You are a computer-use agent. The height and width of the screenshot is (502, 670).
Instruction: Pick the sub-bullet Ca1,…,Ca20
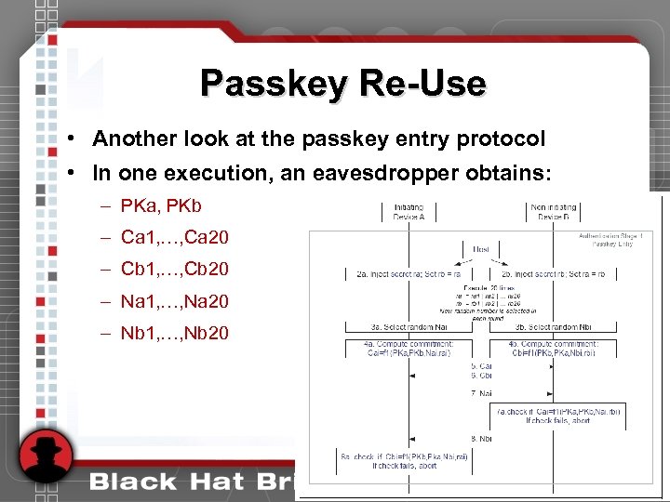[175, 237]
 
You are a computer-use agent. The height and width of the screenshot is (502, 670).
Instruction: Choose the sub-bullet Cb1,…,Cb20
[175, 270]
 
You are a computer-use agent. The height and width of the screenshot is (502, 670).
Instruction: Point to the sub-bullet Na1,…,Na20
[175, 301]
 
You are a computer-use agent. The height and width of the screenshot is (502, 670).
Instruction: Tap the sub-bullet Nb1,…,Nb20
[175, 333]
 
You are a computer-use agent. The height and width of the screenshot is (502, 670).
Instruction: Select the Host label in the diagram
[481, 250]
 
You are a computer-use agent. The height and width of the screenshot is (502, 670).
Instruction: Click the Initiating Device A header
[409, 212]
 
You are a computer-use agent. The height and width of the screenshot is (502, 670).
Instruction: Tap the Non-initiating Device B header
[554, 212]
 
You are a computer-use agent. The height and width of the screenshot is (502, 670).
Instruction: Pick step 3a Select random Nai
[409, 326]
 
